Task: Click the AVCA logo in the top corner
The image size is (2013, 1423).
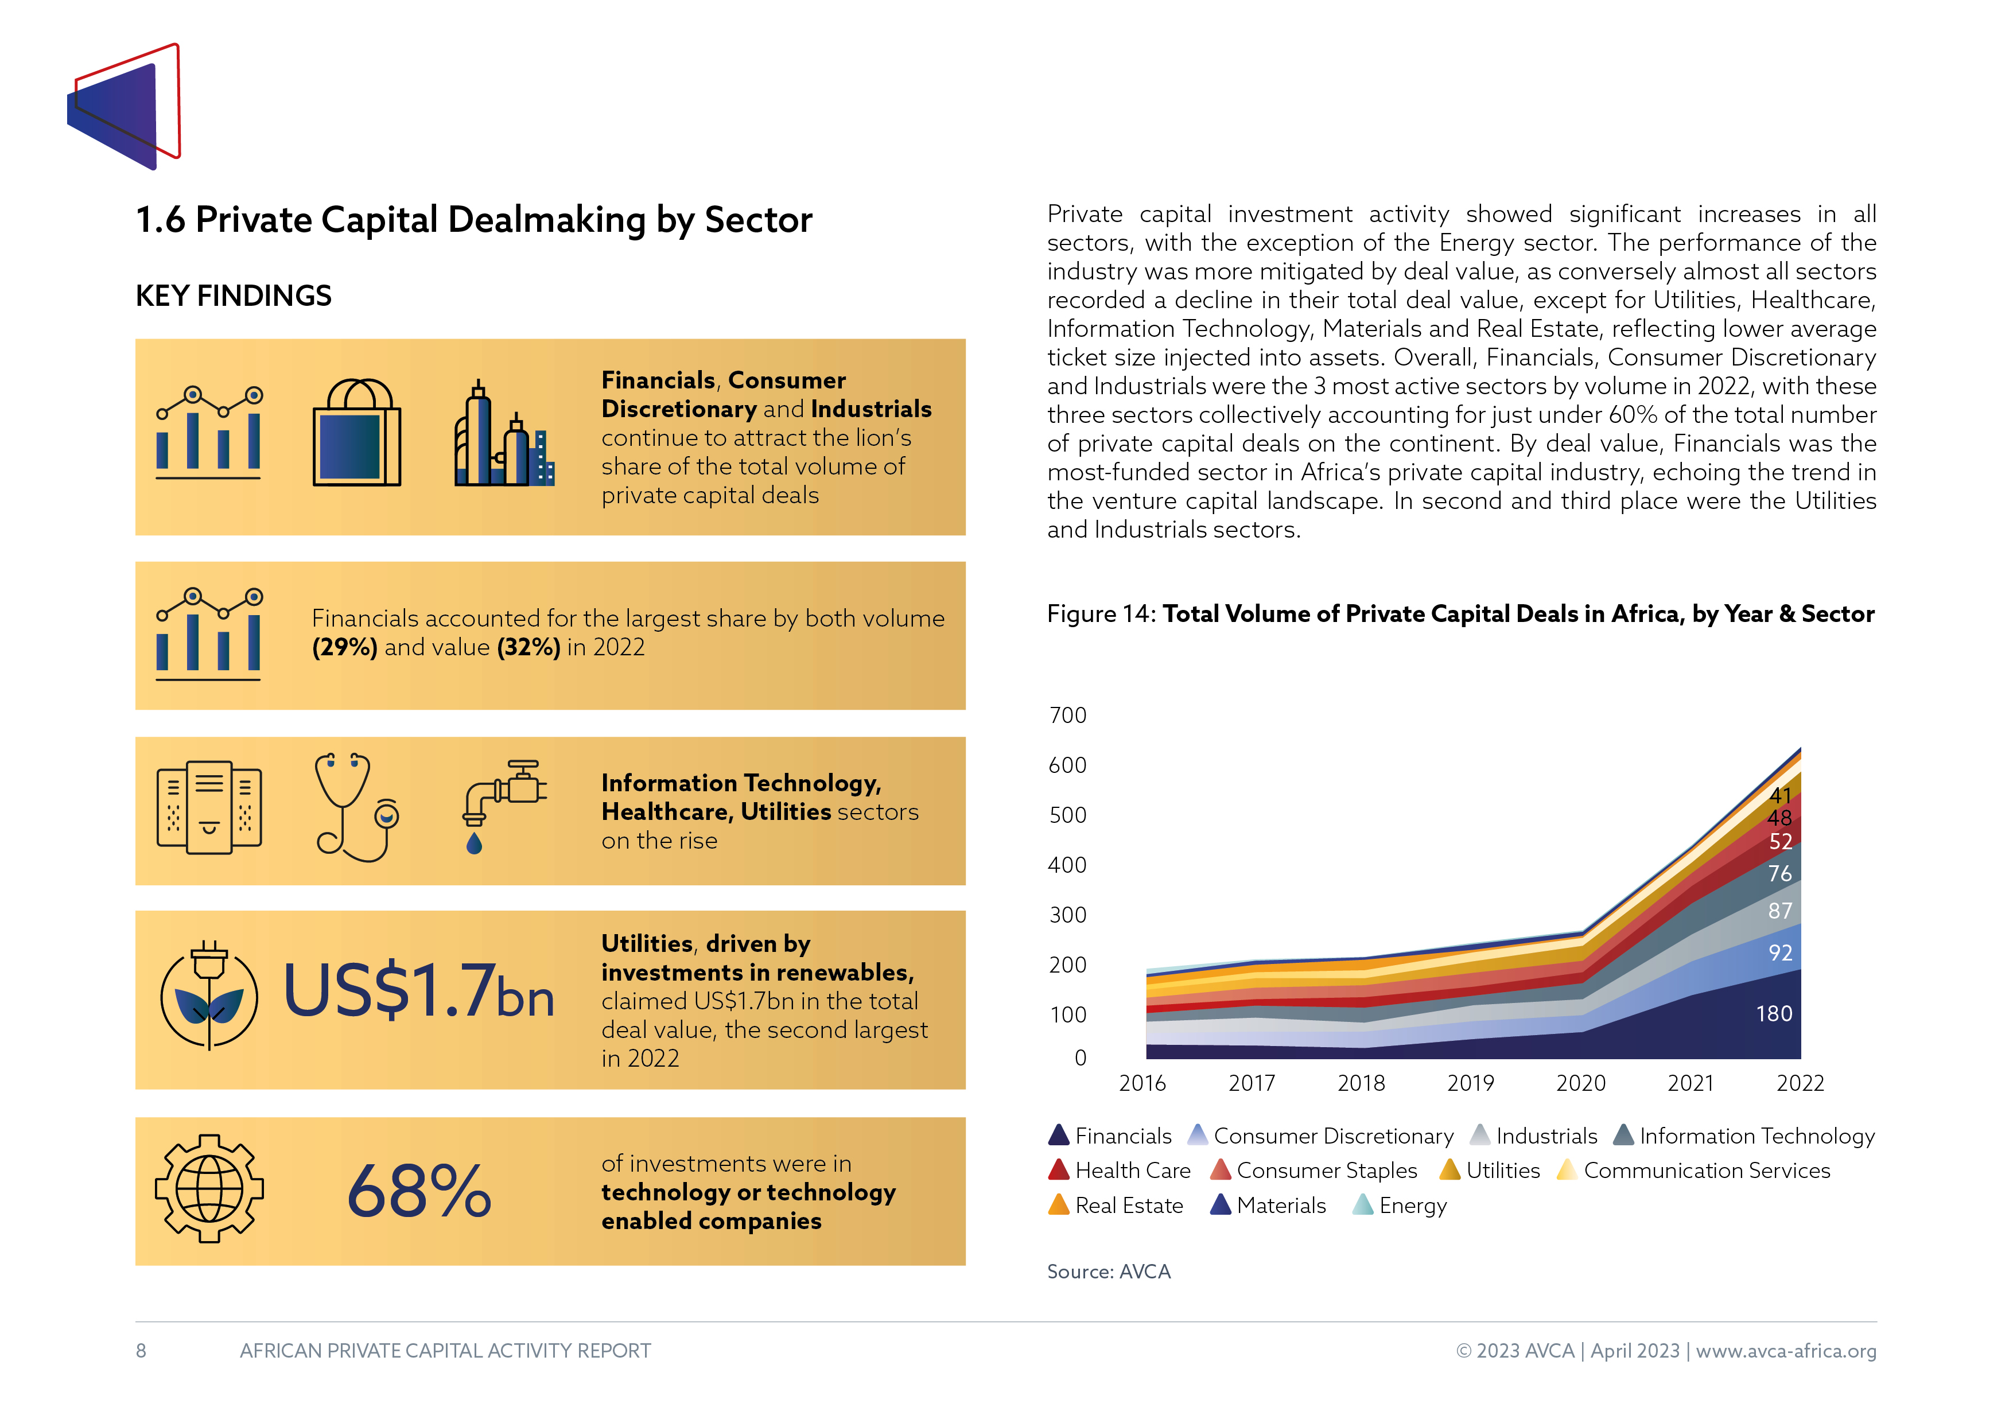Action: (x=123, y=106)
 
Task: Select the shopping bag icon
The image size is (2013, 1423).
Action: (x=357, y=432)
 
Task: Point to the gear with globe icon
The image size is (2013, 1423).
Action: (x=209, y=1189)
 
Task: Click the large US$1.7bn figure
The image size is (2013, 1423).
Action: (x=419, y=991)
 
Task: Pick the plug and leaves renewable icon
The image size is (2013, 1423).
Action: (x=209, y=994)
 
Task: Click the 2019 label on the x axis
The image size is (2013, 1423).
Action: (x=1470, y=1084)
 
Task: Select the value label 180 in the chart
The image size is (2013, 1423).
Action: (x=1774, y=1014)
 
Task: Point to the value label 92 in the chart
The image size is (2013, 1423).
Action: (x=1780, y=953)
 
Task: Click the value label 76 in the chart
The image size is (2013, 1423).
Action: (x=1780, y=874)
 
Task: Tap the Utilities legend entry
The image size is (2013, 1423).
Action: (x=1490, y=1171)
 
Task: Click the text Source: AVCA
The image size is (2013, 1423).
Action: (x=1109, y=1272)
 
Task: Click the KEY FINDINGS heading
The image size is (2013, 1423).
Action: (x=233, y=296)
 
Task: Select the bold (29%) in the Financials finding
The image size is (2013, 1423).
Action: (x=344, y=647)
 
